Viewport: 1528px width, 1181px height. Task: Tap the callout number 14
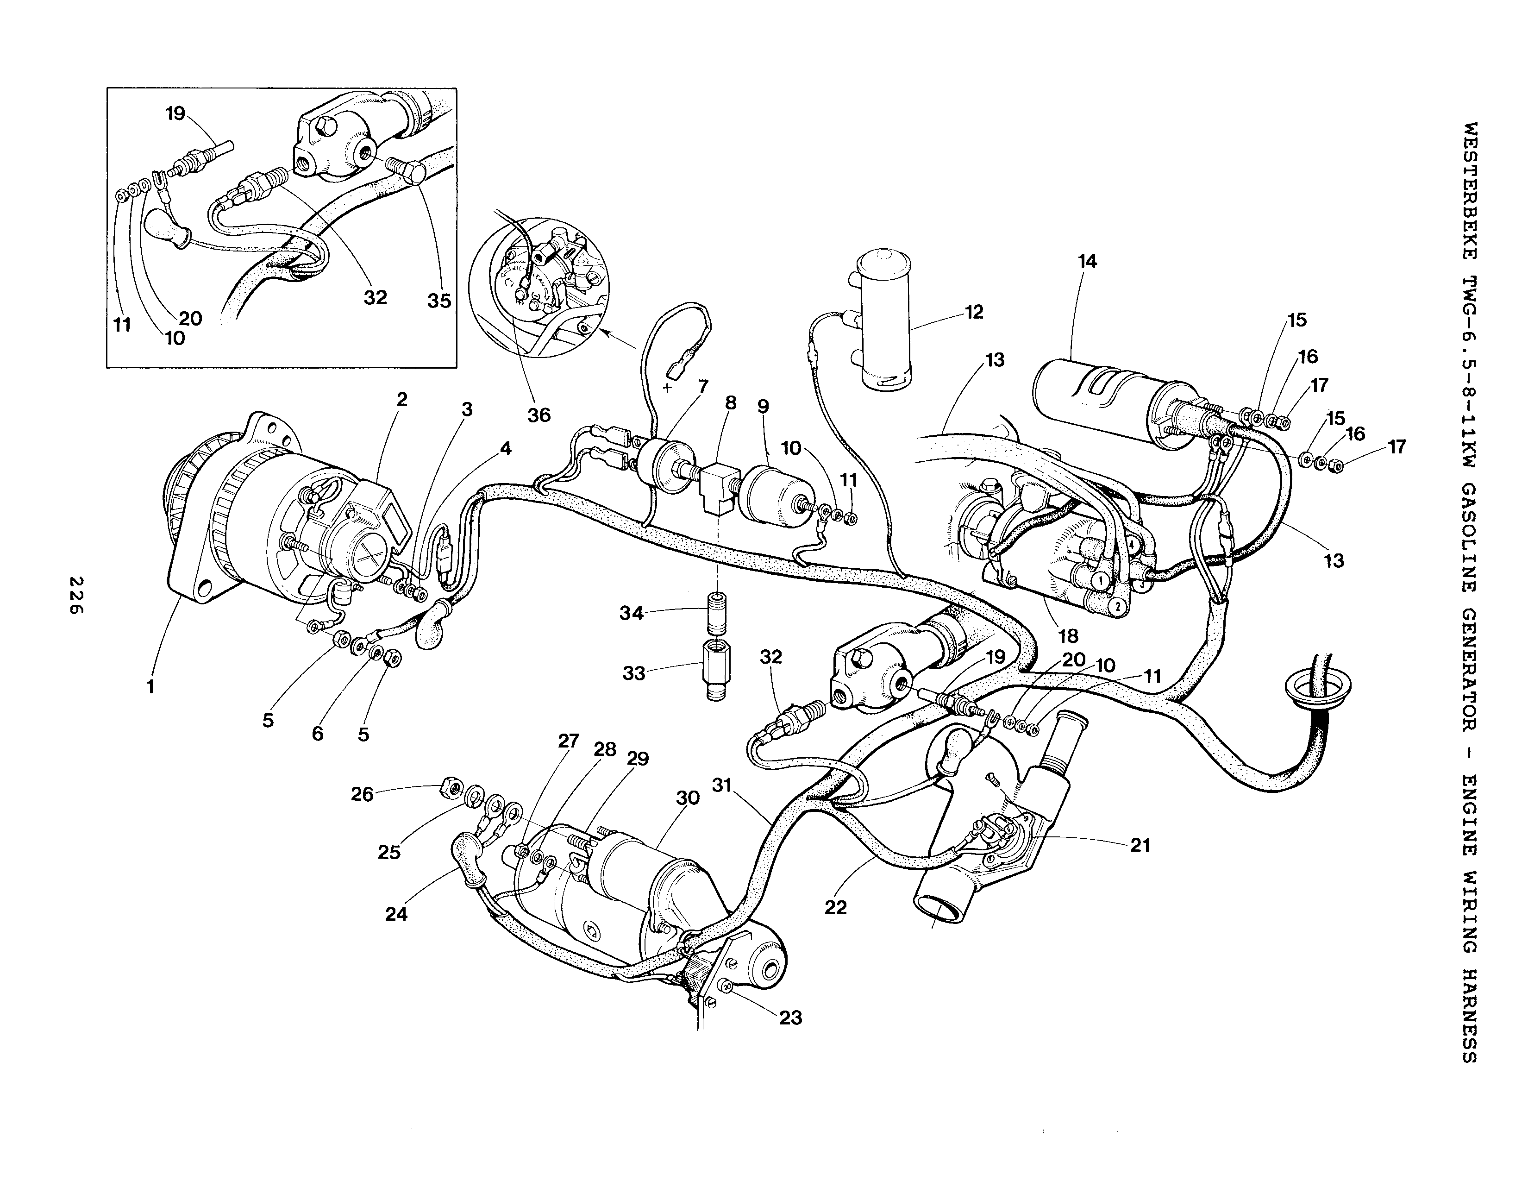[1087, 262]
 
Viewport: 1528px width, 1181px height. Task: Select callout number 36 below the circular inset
[539, 415]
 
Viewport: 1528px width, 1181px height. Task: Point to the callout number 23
[790, 1018]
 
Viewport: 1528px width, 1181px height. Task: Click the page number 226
[75, 596]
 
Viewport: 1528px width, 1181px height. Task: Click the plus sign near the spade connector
[667, 388]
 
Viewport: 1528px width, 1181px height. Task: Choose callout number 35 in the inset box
[439, 302]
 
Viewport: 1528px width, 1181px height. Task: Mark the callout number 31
[722, 785]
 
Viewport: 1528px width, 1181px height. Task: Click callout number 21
[1140, 845]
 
